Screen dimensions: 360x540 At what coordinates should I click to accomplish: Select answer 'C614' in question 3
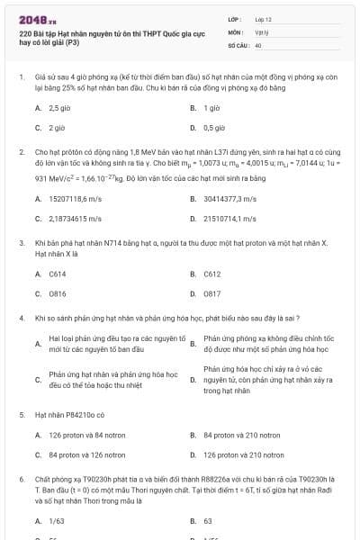(58, 273)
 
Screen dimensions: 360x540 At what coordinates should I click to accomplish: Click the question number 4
(21, 318)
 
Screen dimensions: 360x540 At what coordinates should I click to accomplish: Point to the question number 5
(21, 415)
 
